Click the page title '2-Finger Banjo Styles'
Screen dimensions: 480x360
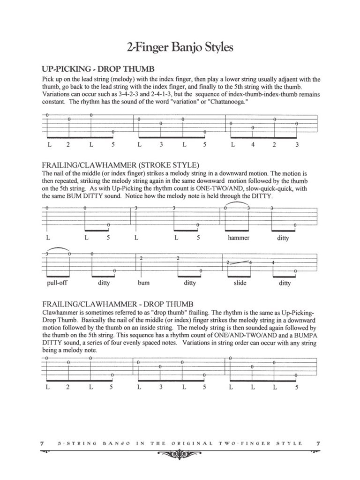180,47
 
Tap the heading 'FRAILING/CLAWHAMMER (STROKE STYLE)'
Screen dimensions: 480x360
120,165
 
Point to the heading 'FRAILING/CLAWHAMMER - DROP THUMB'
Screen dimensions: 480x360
117,304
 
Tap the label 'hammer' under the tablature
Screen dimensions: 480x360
239,238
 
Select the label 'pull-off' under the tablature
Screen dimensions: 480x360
58,283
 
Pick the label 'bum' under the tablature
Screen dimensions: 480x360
143,283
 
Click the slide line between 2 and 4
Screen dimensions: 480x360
239,262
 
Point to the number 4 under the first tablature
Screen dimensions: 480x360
253,145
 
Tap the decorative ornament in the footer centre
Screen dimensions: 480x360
180,453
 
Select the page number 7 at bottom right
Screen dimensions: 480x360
317,443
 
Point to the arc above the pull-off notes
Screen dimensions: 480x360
58,248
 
